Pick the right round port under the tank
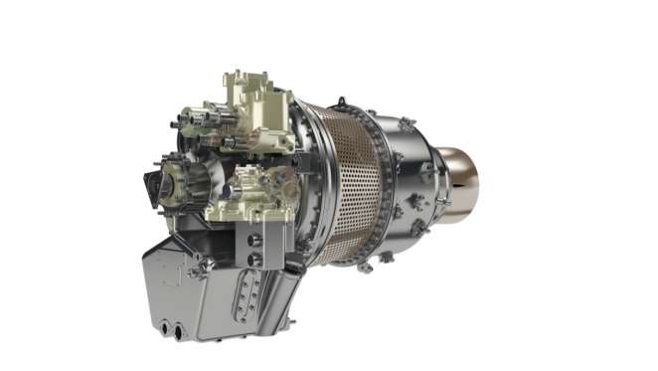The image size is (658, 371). [179, 329]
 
